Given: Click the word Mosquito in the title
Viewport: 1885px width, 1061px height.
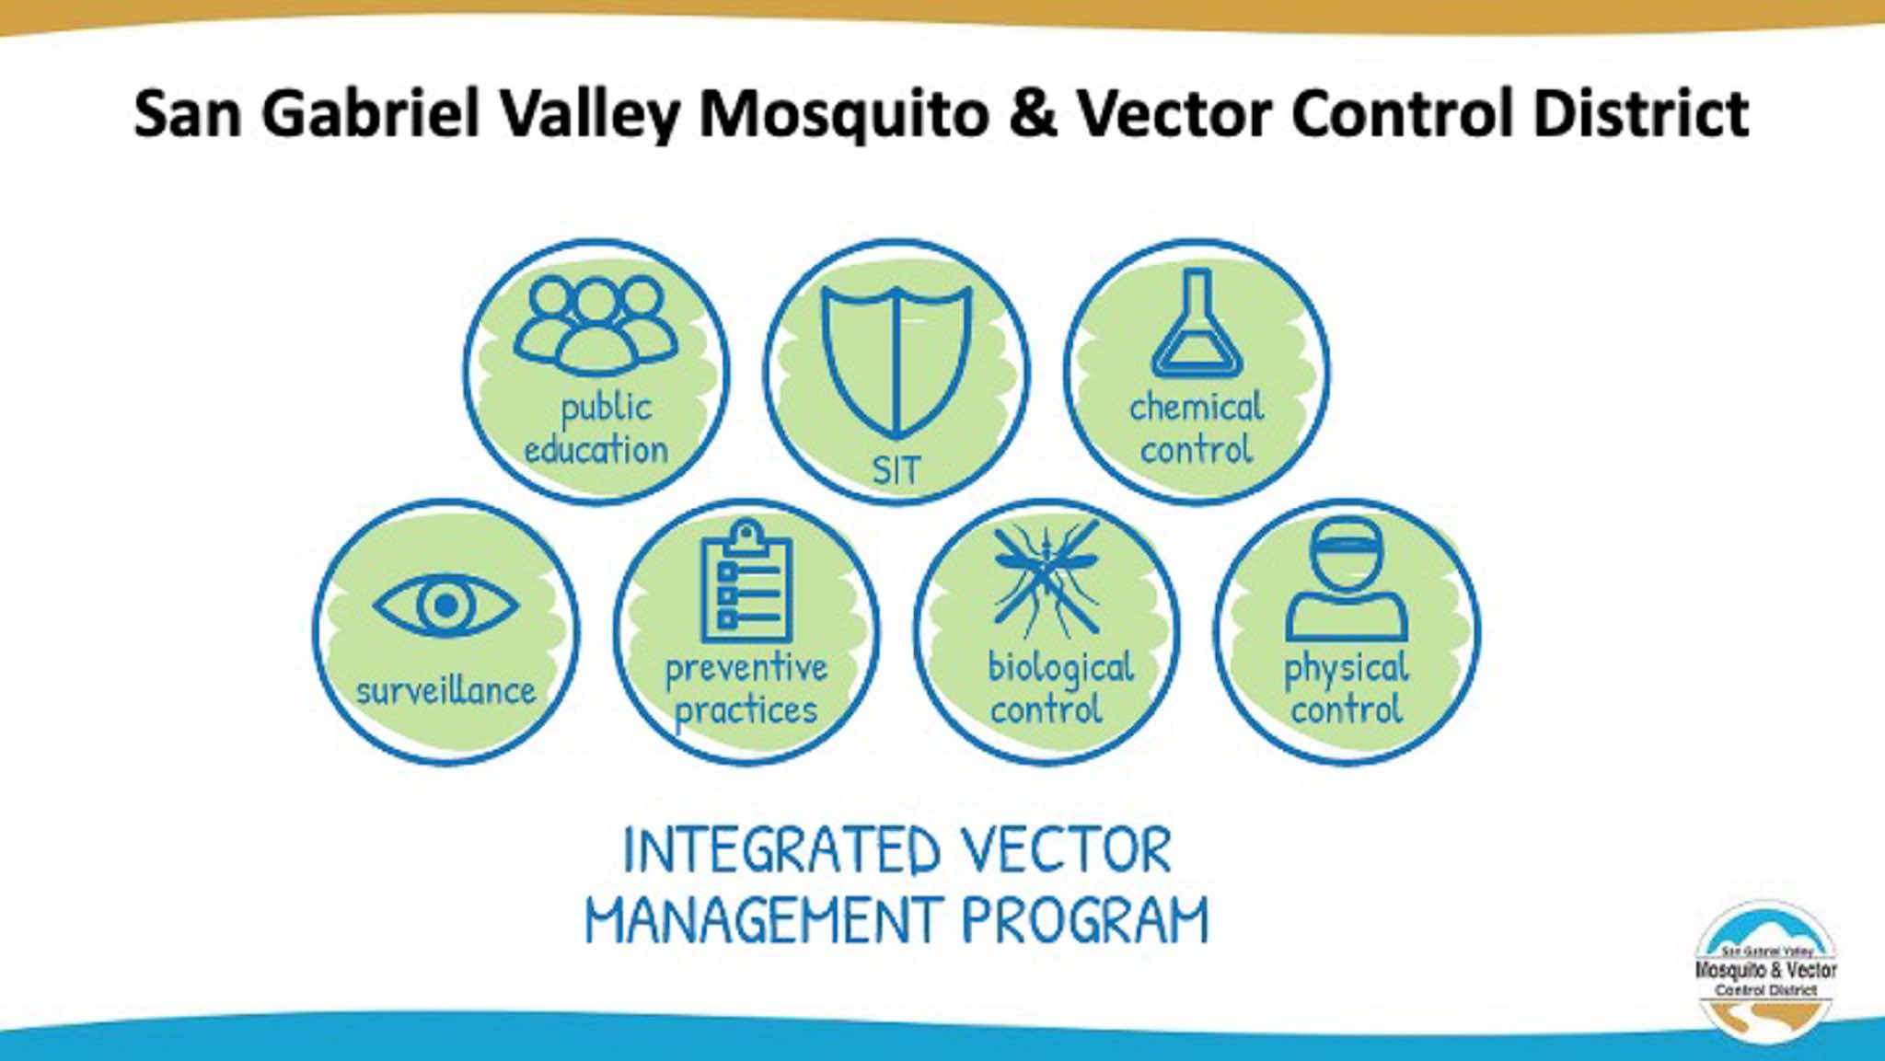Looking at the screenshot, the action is pos(844,115).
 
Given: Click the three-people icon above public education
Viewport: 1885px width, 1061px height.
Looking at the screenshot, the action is pos(596,326).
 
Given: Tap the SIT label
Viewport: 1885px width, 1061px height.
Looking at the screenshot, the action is pos(896,470).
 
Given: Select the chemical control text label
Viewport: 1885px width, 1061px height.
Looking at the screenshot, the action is pos(1197,428).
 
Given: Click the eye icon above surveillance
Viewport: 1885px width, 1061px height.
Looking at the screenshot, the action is pos(446,605).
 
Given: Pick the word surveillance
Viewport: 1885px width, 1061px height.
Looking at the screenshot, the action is pos(446,689).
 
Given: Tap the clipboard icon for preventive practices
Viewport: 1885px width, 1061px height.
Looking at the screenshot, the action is pos(746,581).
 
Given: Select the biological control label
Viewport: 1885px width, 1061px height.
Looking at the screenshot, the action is pos(1059,687).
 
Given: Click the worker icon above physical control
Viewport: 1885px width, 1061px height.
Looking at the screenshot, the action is pos(1347,579).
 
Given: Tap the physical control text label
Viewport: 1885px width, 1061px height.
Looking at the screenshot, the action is pos(1347,688).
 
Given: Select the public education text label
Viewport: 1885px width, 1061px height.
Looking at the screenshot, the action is pos(596,429).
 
